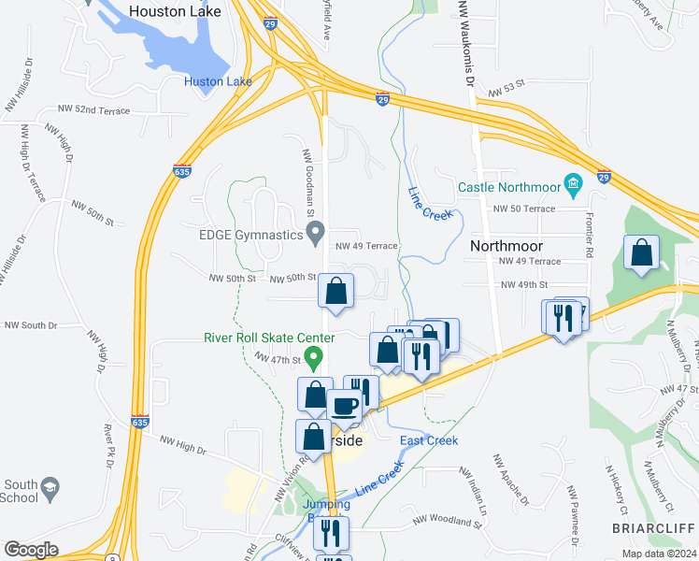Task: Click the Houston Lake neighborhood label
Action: coord(175,11)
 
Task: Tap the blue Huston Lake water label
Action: coord(219,82)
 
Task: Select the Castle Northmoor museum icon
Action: coord(573,180)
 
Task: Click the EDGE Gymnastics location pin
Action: coord(316,229)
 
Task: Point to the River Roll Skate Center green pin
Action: coord(315,356)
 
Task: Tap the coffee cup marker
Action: coord(344,406)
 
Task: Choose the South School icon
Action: coord(50,486)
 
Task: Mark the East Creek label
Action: coord(428,440)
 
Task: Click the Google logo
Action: coord(31,550)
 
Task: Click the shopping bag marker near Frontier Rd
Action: coord(642,253)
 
